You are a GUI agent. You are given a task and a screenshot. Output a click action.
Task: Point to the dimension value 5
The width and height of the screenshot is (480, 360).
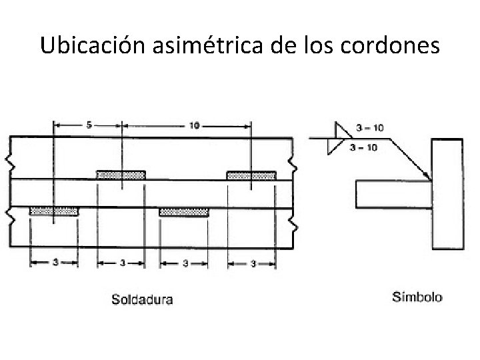(x=87, y=125)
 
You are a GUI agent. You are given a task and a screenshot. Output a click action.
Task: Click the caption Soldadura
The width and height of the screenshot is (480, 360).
(x=141, y=299)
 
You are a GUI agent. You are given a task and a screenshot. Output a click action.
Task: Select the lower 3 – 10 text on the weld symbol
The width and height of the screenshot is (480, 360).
(x=363, y=147)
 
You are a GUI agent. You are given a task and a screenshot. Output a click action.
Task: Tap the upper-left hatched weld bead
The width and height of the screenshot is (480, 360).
(x=121, y=175)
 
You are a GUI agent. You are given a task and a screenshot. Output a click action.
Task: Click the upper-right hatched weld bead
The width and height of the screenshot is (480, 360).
(x=251, y=175)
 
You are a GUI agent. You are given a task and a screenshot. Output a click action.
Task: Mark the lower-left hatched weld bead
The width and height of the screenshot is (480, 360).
(x=54, y=211)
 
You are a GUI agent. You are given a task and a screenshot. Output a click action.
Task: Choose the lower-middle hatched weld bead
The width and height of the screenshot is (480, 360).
(x=184, y=211)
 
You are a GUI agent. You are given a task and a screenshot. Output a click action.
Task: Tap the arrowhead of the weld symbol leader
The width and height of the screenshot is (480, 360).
(x=427, y=177)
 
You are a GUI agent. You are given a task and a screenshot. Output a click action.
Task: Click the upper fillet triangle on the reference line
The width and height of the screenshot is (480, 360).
(x=339, y=130)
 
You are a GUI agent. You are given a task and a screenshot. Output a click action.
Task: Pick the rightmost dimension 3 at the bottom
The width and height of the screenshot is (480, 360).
(x=251, y=263)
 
